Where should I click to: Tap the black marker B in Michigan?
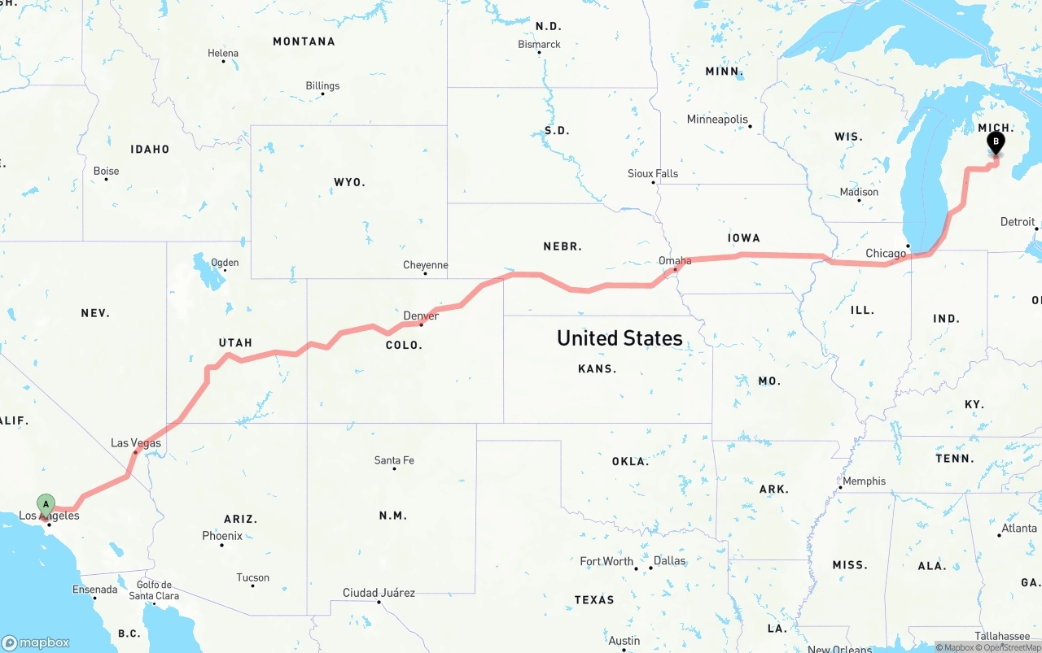click(x=995, y=142)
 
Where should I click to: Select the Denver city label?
click(x=421, y=316)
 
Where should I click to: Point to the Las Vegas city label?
click(x=136, y=443)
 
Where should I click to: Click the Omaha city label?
click(x=675, y=261)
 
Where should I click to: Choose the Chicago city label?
click(x=886, y=254)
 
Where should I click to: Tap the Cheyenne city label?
click(x=425, y=265)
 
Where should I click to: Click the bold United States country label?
click(x=620, y=338)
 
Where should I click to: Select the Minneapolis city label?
click(x=717, y=120)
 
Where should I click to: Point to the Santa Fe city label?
click(x=394, y=460)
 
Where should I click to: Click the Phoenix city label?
click(x=222, y=536)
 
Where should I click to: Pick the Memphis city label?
click(x=864, y=481)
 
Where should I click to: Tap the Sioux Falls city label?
click(x=653, y=173)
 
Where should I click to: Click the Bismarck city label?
click(x=539, y=44)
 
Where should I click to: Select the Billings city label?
click(x=322, y=85)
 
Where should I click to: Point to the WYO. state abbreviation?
click(x=349, y=182)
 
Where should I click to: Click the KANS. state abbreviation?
click(x=597, y=368)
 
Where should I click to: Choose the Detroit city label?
click(x=1018, y=221)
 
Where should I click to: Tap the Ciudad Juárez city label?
click(x=379, y=593)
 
